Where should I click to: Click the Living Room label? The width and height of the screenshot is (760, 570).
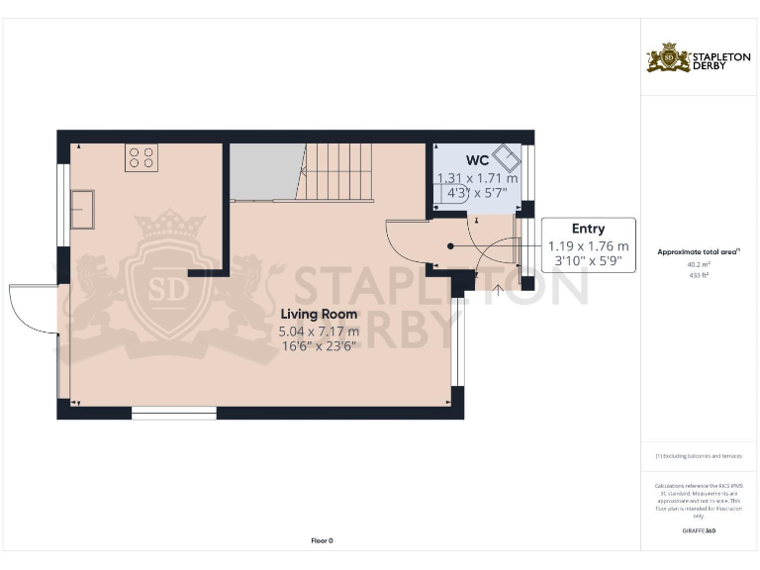(x=319, y=314)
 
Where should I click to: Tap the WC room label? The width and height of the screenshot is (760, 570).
(x=477, y=160)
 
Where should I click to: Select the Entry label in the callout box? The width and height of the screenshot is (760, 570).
(x=588, y=229)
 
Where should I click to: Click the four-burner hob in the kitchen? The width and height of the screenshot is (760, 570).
(x=142, y=158)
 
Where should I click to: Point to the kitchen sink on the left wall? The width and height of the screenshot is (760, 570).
(x=82, y=209)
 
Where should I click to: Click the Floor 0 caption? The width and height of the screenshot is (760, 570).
(x=322, y=540)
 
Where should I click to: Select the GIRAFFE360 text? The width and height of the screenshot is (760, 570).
(x=699, y=531)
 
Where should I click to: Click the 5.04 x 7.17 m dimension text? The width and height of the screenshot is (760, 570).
(x=319, y=332)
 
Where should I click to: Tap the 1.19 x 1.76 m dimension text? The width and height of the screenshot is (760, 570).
(x=588, y=246)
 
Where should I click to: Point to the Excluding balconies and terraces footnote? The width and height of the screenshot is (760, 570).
(x=699, y=455)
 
